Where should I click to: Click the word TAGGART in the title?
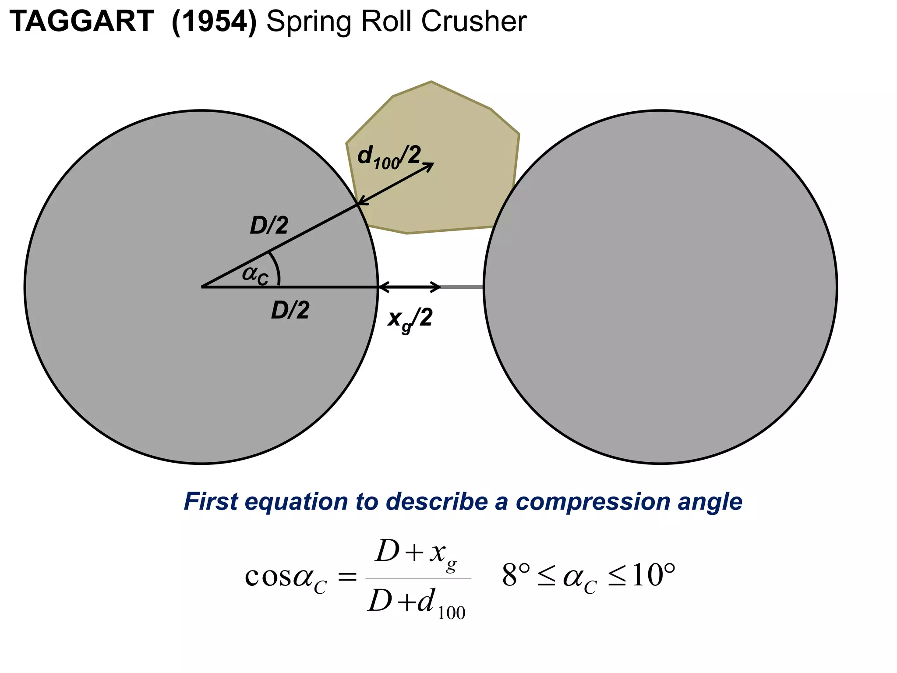click(81, 21)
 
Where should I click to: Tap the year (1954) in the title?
click(214, 21)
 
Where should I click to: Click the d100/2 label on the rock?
click(389, 157)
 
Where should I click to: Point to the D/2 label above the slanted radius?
click(269, 226)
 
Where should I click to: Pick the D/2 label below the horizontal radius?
click(290, 310)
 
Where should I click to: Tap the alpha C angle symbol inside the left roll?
click(255, 275)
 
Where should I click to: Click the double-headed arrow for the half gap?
click(410, 287)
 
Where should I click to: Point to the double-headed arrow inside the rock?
click(396, 183)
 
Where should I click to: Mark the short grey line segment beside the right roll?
click(462, 287)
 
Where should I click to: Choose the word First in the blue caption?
click(211, 502)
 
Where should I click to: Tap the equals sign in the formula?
click(347, 577)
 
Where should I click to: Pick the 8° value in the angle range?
click(516, 575)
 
